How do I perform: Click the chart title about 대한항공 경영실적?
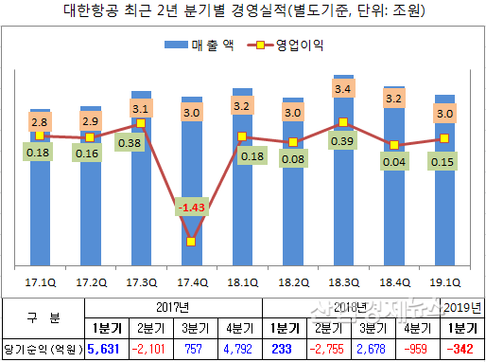point(243,12)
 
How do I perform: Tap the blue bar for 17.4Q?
point(191,190)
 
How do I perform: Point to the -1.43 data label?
point(191,207)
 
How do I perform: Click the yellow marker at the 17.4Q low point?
point(191,241)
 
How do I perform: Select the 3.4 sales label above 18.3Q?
point(344,90)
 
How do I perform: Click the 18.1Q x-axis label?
point(242,282)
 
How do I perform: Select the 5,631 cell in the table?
point(103,349)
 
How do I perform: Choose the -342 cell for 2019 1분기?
point(462,349)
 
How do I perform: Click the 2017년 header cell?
point(169,308)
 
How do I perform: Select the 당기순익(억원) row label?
point(43,349)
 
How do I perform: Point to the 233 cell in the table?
point(283,349)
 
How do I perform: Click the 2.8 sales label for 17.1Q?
point(39,122)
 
